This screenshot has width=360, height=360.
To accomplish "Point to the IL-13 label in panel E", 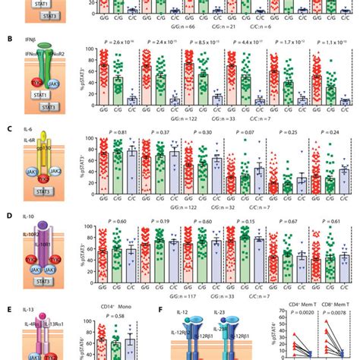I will click(30, 311).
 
